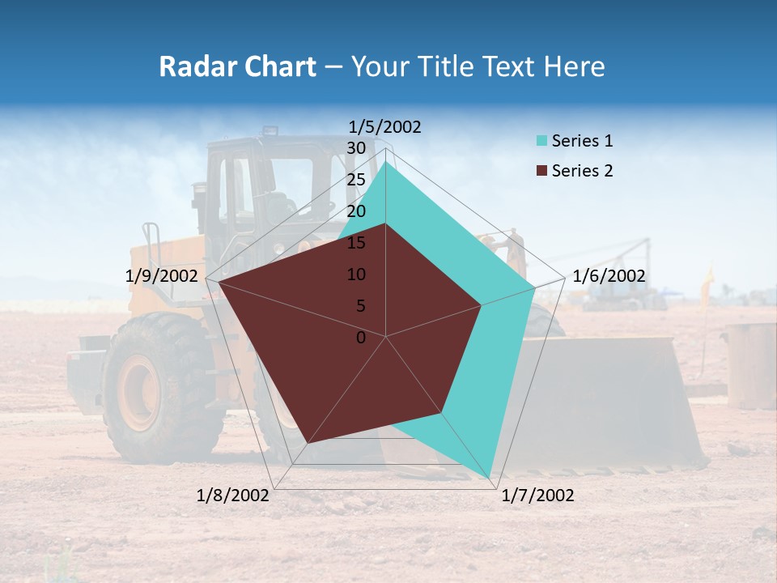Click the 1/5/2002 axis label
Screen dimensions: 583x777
click(384, 127)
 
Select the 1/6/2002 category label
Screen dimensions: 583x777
click(609, 276)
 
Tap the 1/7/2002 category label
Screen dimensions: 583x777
click(537, 496)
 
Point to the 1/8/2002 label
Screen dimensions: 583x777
click(233, 496)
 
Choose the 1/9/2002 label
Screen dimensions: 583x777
click(162, 276)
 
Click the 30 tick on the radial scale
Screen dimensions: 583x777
click(356, 148)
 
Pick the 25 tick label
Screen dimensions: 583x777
click(356, 180)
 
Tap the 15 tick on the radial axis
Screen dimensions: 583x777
click(356, 243)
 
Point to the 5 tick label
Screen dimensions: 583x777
click(361, 306)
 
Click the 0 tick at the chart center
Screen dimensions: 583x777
click(361, 338)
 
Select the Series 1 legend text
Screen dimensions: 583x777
click(582, 141)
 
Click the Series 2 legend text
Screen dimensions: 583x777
click(582, 171)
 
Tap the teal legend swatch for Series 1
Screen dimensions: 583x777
click(541, 142)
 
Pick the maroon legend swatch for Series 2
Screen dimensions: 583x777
click(541, 171)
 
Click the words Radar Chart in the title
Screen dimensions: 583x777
click(237, 66)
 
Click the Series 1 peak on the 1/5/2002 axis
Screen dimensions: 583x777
click(386, 163)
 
